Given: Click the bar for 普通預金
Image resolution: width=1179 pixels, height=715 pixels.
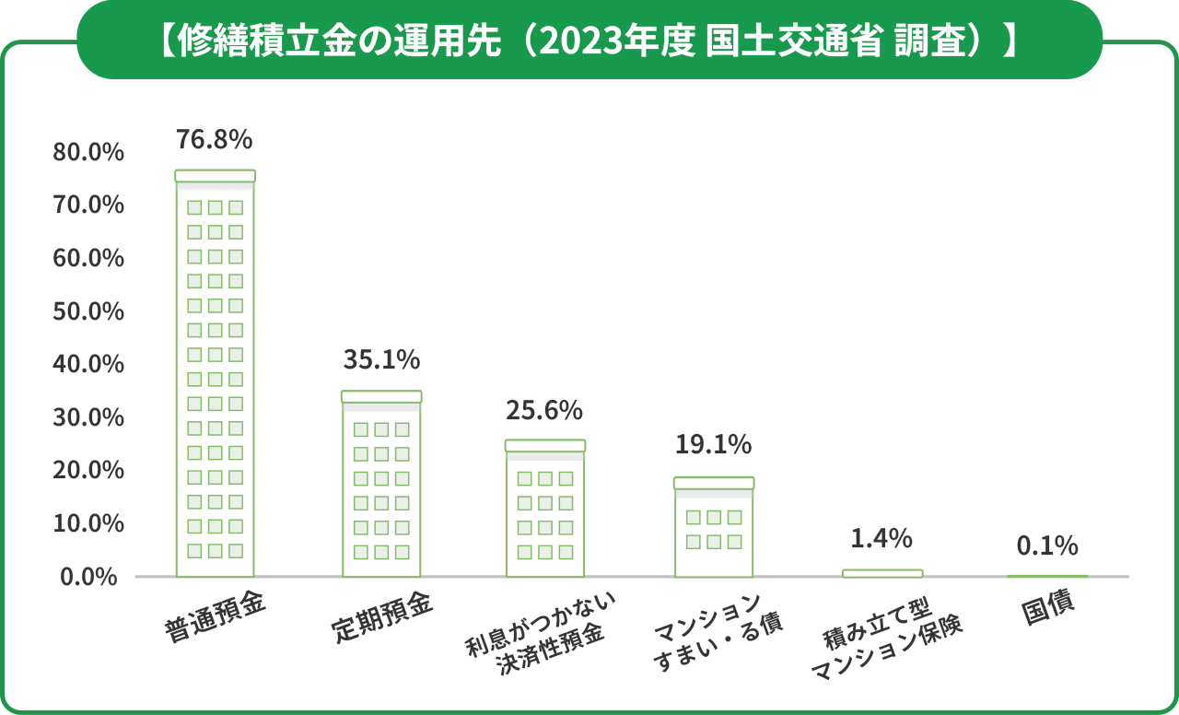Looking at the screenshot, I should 215,373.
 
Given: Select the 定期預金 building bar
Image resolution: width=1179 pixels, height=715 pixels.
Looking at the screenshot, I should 380,484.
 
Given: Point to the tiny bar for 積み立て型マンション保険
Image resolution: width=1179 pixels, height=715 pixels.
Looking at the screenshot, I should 881,573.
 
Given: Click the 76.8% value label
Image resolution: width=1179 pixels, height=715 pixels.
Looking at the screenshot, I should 214,140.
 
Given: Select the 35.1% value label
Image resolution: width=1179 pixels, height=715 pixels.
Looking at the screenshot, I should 380,359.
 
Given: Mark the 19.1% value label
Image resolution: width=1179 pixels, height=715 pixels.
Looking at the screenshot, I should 713,445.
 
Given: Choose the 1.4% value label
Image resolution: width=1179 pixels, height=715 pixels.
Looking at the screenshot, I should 881,537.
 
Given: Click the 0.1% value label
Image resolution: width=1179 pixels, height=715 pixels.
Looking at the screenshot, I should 1047,546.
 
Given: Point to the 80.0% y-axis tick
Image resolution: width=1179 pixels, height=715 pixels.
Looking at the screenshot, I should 88,152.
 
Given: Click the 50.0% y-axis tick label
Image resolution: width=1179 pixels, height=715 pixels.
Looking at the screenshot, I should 88,311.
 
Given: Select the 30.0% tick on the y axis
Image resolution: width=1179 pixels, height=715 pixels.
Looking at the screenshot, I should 88,417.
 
